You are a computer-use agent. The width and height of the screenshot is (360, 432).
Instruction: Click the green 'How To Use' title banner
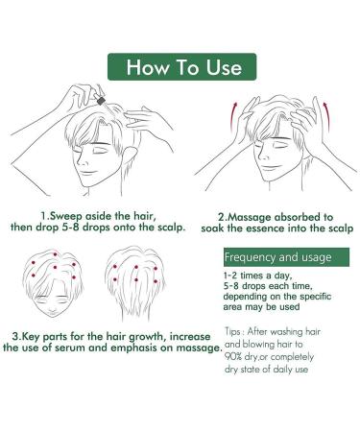[180, 68]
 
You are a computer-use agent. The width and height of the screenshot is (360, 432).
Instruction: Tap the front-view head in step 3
[48, 293]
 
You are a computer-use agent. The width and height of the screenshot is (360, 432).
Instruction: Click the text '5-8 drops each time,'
[274, 290]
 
